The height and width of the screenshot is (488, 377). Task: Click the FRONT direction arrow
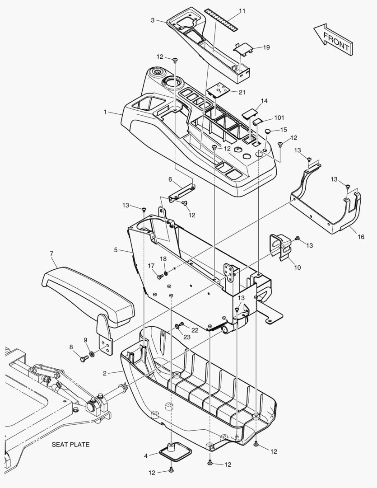point(333,40)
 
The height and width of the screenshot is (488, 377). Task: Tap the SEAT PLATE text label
point(70,444)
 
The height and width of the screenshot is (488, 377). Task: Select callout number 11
point(242,11)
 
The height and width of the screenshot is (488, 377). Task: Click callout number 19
point(266,47)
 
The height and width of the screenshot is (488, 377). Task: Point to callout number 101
point(279,118)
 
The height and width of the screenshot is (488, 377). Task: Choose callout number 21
point(242,92)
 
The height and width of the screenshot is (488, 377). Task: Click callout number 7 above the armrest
point(51,254)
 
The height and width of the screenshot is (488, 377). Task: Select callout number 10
point(297,267)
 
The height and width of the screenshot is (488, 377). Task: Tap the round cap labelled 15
point(268,131)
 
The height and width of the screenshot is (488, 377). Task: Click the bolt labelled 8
point(84,359)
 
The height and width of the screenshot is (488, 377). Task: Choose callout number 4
point(146,456)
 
